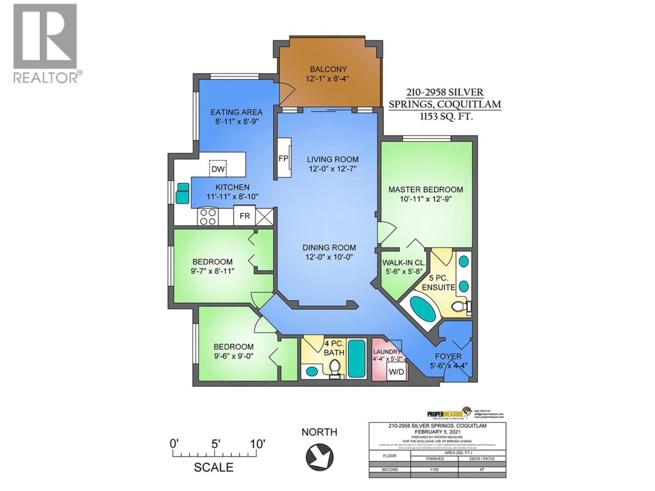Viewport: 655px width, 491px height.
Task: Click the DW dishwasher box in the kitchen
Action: [x=218, y=169]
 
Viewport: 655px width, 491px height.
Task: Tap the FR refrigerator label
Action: [x=244, y=216]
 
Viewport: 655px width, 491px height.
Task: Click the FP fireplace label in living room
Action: [x=283, y=158]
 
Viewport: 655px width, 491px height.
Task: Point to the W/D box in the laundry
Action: [x=396, y=372]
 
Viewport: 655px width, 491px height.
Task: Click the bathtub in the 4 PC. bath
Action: [x=357, y=358]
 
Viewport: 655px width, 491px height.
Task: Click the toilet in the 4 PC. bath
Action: [x=335, y=367]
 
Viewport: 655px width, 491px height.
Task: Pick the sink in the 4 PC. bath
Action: [x=312, y=372]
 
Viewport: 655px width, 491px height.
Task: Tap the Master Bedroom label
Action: [x=426, y=189]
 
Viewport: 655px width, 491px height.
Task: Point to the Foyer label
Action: [x=448, y=356]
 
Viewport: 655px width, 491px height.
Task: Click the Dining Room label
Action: [x=329, y=248]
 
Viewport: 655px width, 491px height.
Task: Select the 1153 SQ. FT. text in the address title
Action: [x=445, y=116]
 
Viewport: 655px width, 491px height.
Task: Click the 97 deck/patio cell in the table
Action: [x=482, y=469]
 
